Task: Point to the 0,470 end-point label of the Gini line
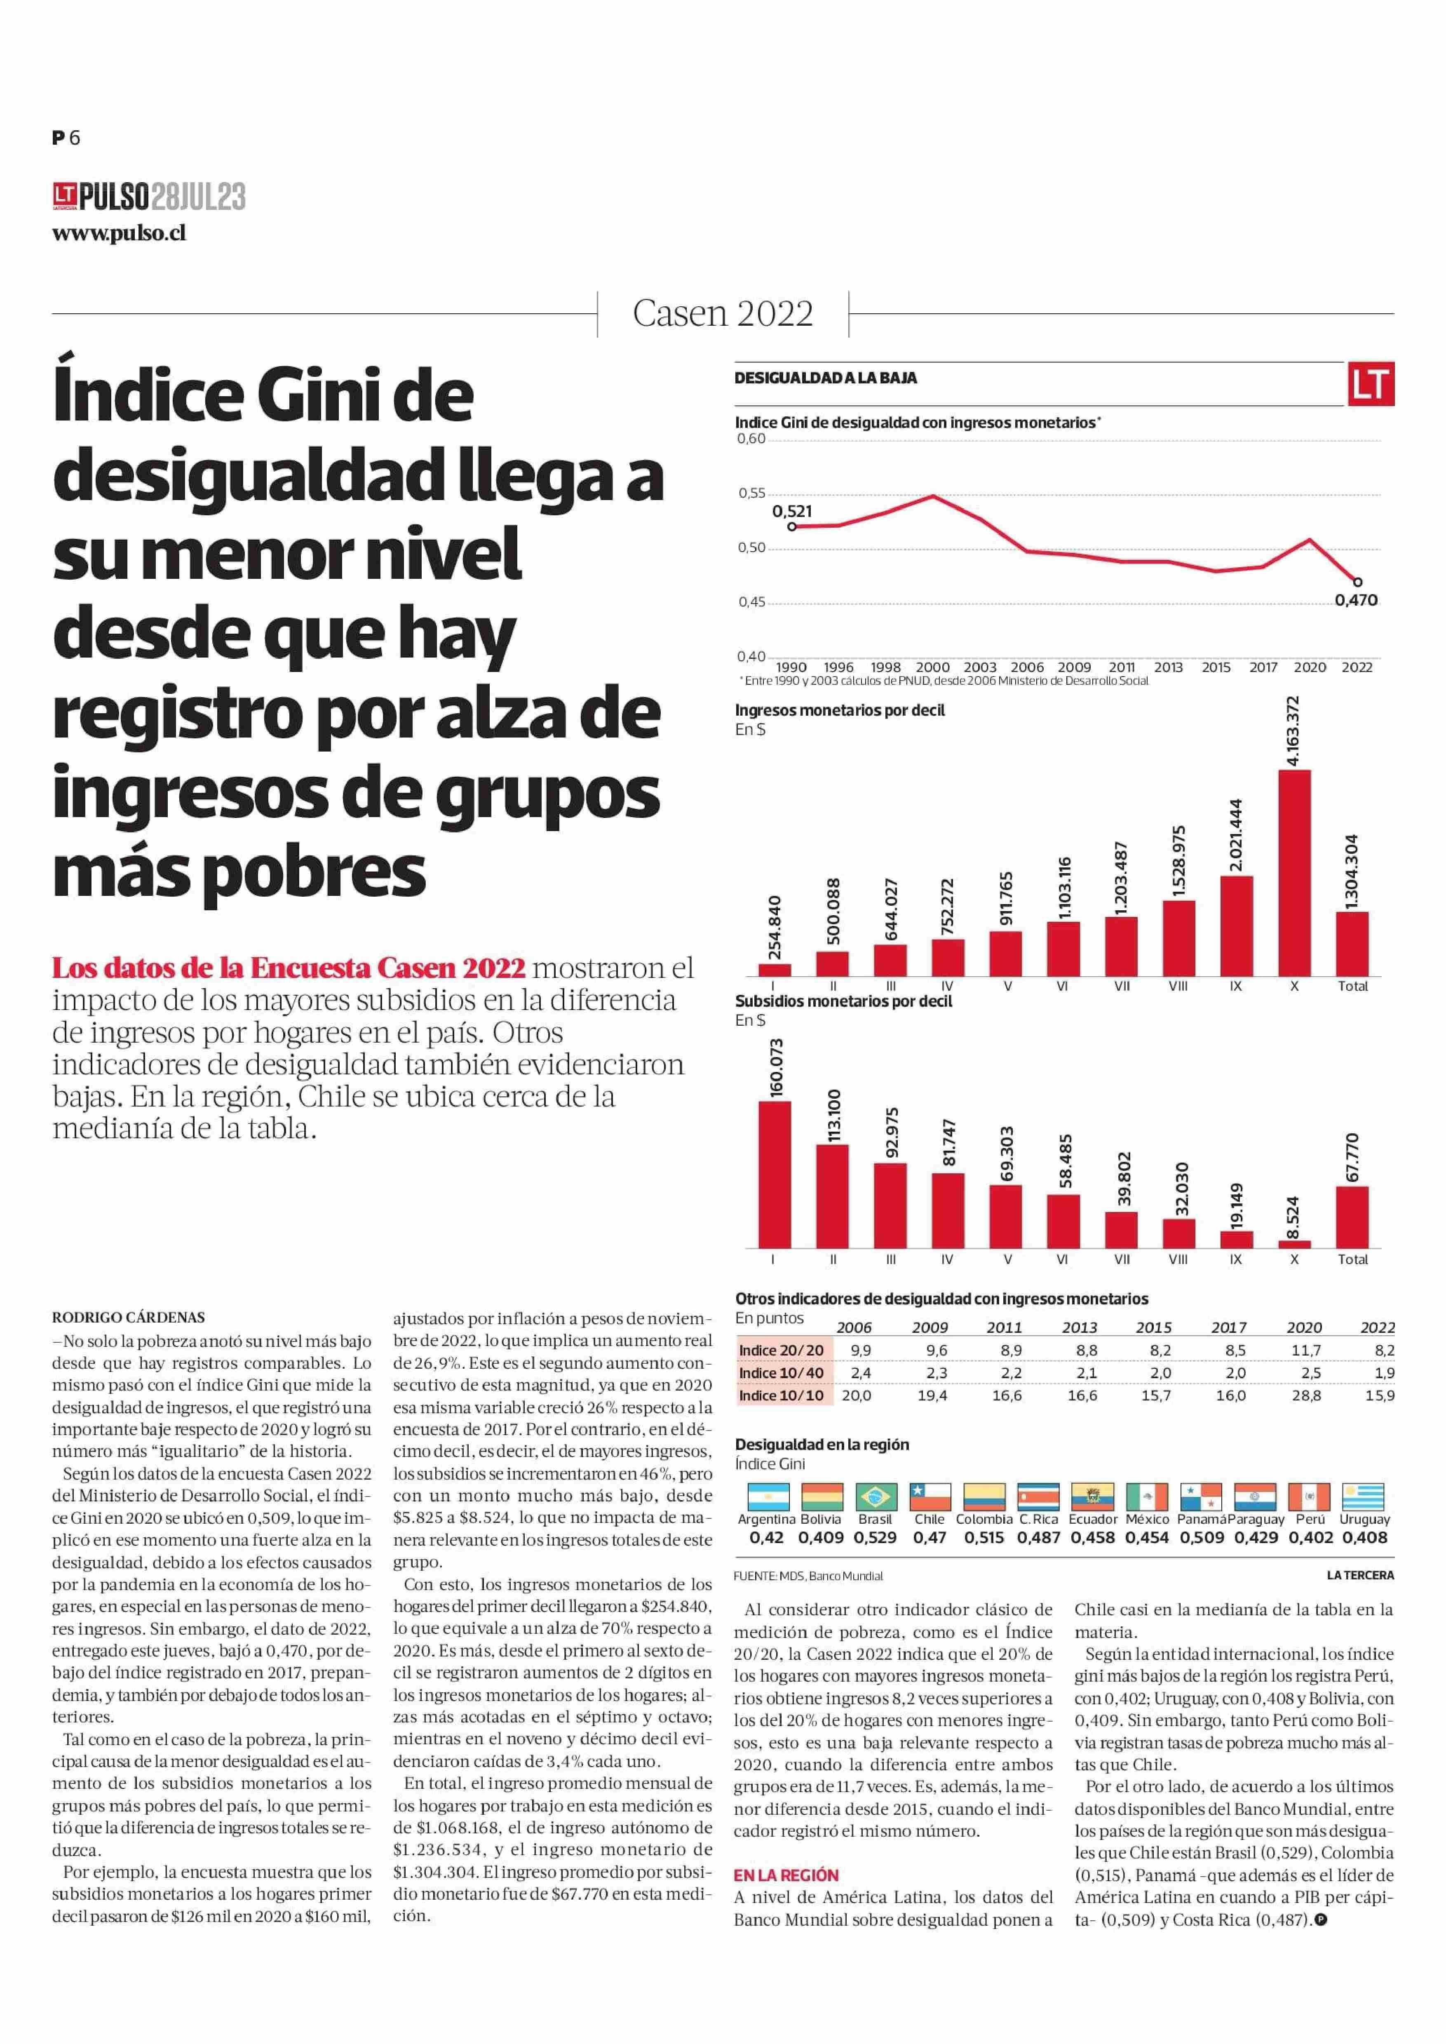[x=1355, y=600]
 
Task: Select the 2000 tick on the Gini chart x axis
[x=932, y=667]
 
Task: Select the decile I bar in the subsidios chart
[x=774, y=1174]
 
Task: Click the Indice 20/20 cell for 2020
[x=1306, y=1350]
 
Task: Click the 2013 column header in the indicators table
[x=1079, y=1327]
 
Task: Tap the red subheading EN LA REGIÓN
[x=786, y=1875]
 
